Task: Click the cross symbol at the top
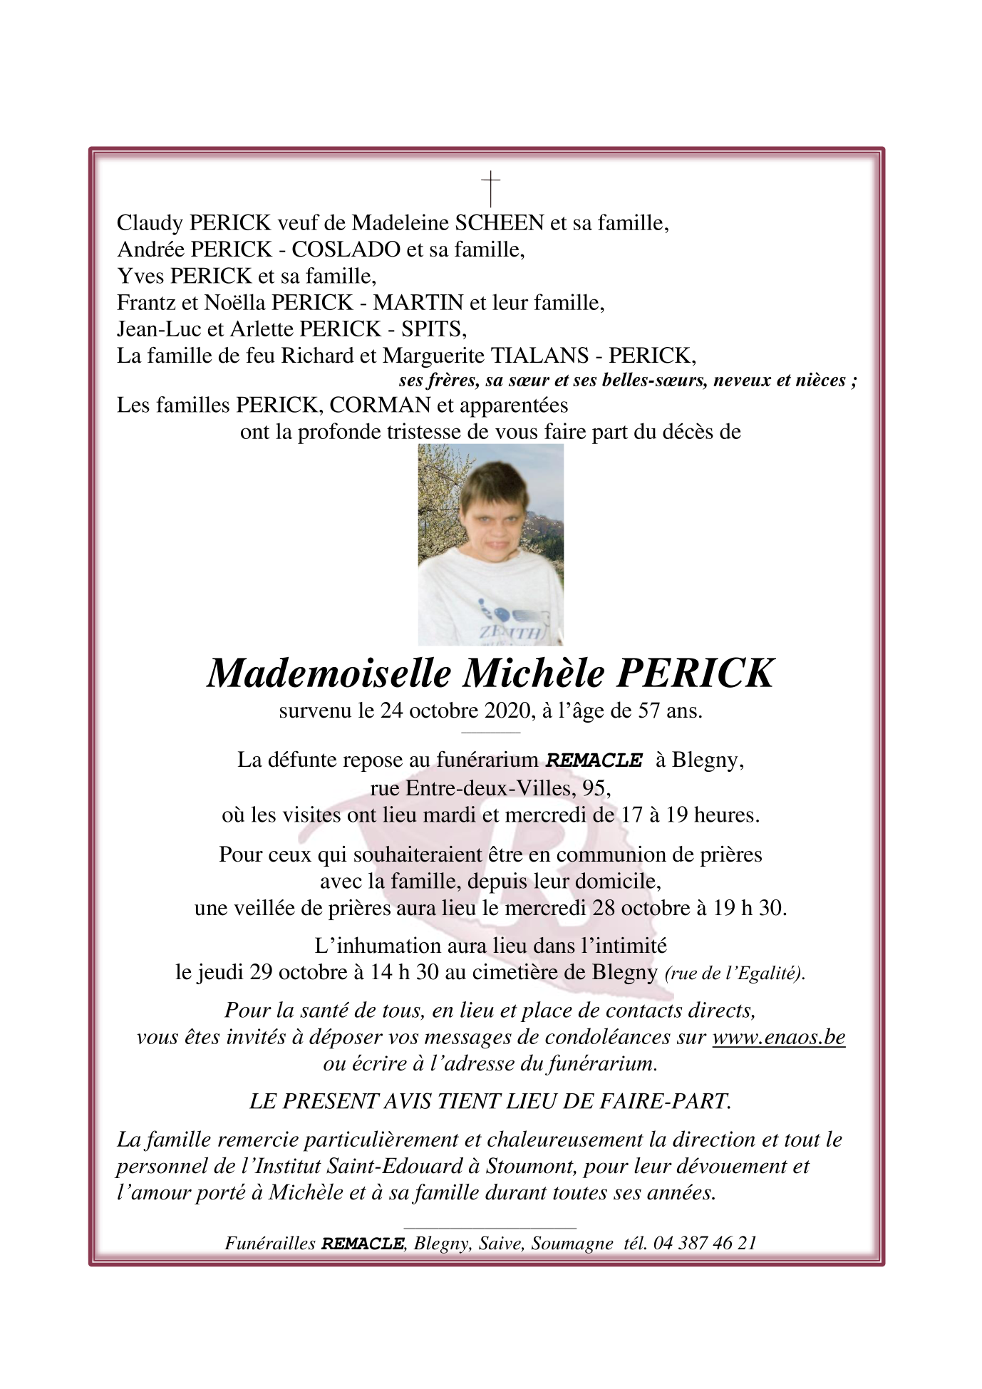(x=490, y=188)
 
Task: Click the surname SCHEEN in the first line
(x=500, y=223)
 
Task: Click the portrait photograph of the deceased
(x=490, y=544)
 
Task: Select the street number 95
(x=596, y=788)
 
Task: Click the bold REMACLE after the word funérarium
(x=594, y=760)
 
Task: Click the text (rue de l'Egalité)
(x=734, y=974)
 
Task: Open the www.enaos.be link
(x=778, y=1037)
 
